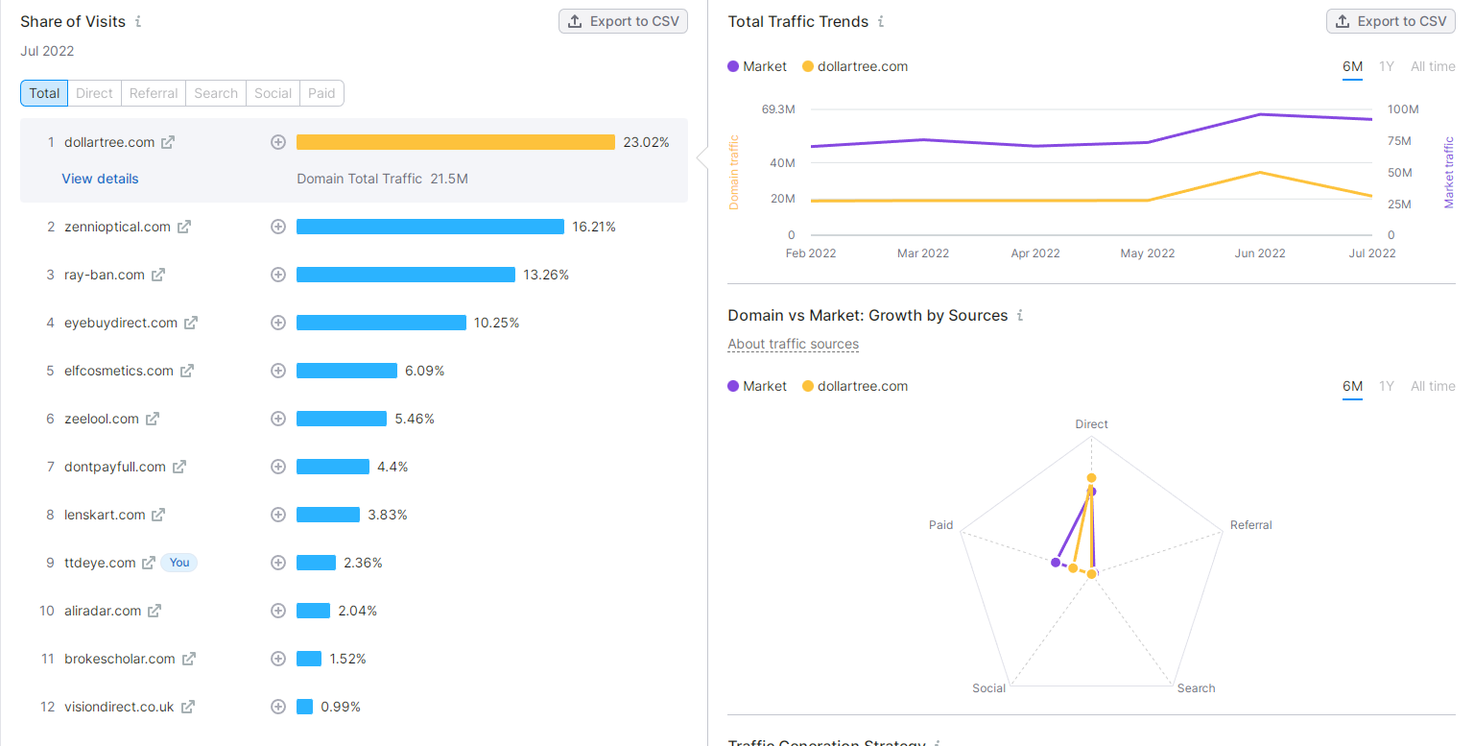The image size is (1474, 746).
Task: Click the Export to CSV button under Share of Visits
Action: click(x=623, y=21)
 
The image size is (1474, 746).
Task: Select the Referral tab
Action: click(x=154, y=93)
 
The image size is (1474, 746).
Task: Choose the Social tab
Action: click(x=273, y=93)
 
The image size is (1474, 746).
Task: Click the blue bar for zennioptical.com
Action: click(x=430, y=227)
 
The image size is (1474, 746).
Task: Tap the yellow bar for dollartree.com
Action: click(x=455, y=142)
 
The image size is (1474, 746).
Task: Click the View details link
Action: click(x=100, y=179)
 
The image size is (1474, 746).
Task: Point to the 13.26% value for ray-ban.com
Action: click(x=546, y=275)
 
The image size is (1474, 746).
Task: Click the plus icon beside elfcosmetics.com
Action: click(x=278, y=371)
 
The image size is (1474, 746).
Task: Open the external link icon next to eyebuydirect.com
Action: click(x=191, y=323)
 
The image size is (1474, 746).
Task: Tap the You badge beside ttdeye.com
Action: click(x=179, y=563)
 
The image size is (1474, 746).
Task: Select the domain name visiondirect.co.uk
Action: click(x=119, y=707)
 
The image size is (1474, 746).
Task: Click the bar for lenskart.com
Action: click(x=328, y=515)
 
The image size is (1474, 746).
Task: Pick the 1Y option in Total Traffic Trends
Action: click(x=1387, y=66)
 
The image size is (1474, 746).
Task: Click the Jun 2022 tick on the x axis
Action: click(x=1260, y=253)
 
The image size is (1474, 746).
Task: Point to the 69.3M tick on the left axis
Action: click(x=778, y=109)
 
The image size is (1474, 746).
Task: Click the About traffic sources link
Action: click(x=793, y=344)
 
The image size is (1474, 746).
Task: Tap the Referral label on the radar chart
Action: click(x=1250, y=525)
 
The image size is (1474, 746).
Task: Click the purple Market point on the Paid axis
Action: click(x=1056, y=562)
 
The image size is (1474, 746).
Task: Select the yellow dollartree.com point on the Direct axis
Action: click(x=1091, y=478)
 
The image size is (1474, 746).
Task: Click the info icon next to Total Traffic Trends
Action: click(x=881, y=21)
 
